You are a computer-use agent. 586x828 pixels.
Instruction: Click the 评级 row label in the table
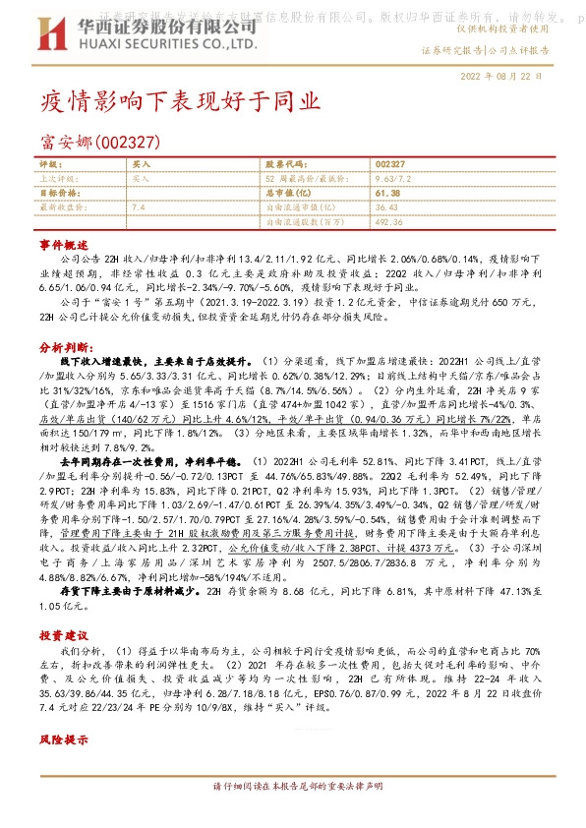50,165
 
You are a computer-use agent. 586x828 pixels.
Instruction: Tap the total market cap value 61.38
387,194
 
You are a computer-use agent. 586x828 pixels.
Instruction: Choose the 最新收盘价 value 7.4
138,207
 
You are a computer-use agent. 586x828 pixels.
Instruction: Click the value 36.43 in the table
386,207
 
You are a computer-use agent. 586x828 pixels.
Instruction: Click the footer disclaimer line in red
291,787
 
